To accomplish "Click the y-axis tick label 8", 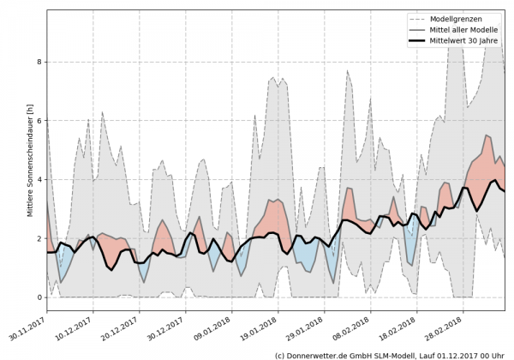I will coord(39,62).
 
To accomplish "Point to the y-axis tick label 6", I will coord(39,121).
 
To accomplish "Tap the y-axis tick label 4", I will coord(39,180).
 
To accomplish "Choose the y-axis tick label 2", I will coord(39,238).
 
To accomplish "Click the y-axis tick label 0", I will coord(39,297).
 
